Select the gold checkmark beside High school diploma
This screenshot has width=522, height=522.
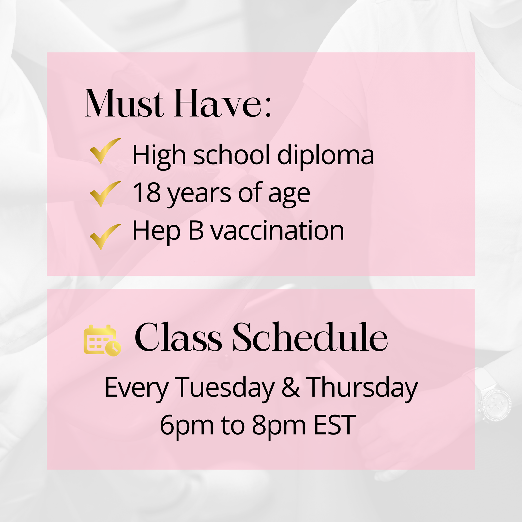(x=105, y=151)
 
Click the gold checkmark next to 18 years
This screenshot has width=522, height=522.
(x=105, y=194)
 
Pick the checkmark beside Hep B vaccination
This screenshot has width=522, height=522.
(x=105, y=237)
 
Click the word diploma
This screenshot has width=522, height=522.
(x=325, y=156)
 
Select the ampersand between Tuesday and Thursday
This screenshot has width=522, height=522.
(x=290, y=388)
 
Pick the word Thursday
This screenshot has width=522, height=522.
(x=362, y=388)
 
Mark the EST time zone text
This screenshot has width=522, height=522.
(x=335, y=425)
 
